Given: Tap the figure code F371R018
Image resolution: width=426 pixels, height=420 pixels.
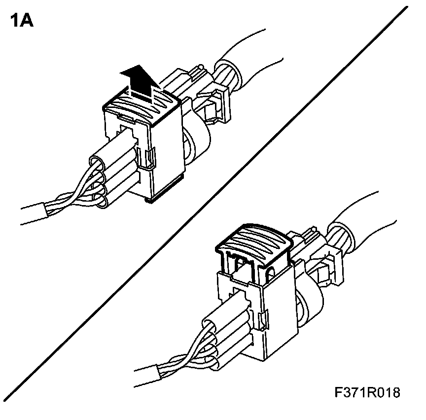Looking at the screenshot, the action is [x=367, y=393].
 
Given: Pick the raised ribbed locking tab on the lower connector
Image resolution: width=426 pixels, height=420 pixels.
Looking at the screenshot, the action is [x=255, y=242].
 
